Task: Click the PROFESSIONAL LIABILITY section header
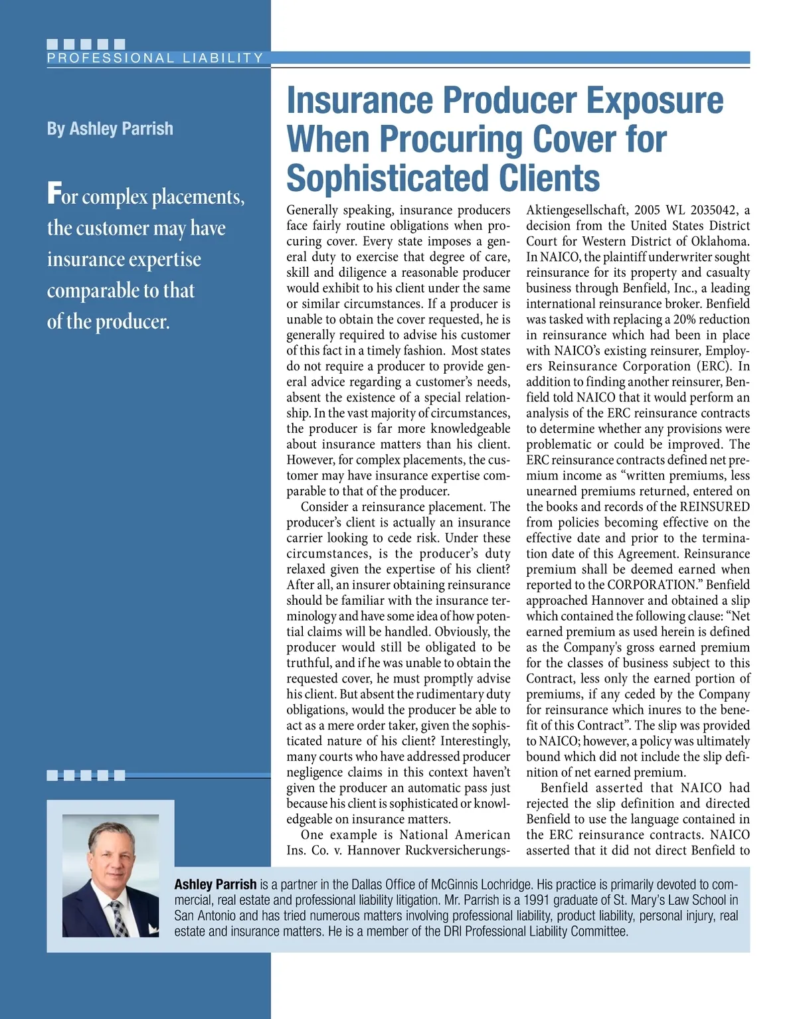[155, 58]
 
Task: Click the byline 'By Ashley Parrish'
[110, 128]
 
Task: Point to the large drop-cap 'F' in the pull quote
[53, 194]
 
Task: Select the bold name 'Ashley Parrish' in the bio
[215, 884]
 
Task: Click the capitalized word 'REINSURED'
[715, 507]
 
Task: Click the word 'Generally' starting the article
[312, 210]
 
